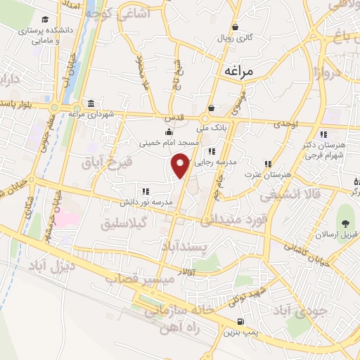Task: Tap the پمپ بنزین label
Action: tap(251, 331)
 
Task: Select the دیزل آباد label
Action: tap(51, 266)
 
